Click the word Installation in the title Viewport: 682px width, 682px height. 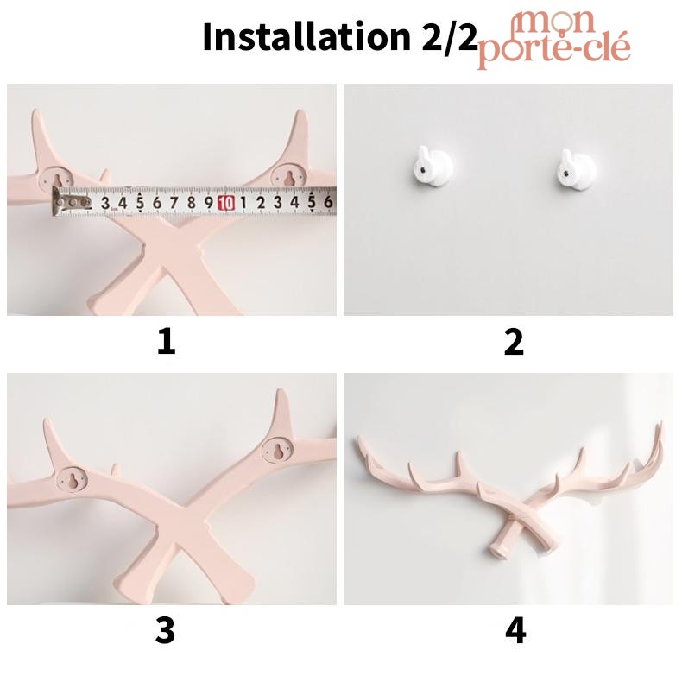click(x=306, y=37)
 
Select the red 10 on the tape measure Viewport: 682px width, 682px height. click(x=225, y=202)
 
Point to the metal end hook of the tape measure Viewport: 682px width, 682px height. click(x=56, y=201)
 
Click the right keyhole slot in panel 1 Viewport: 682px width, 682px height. click(x=287, y=176)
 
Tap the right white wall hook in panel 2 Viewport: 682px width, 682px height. click(x=576, y=168)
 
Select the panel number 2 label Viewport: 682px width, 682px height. click(x=514, y=342)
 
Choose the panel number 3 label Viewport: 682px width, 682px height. click(x=165, y=630)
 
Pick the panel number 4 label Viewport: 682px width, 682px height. click(x=515, y=630)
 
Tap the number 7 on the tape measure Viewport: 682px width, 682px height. click(x=174, y=202)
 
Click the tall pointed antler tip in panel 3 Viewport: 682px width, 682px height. click(x=279, y=391)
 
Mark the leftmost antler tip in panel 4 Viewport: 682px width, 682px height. click(x=358, y=438)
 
